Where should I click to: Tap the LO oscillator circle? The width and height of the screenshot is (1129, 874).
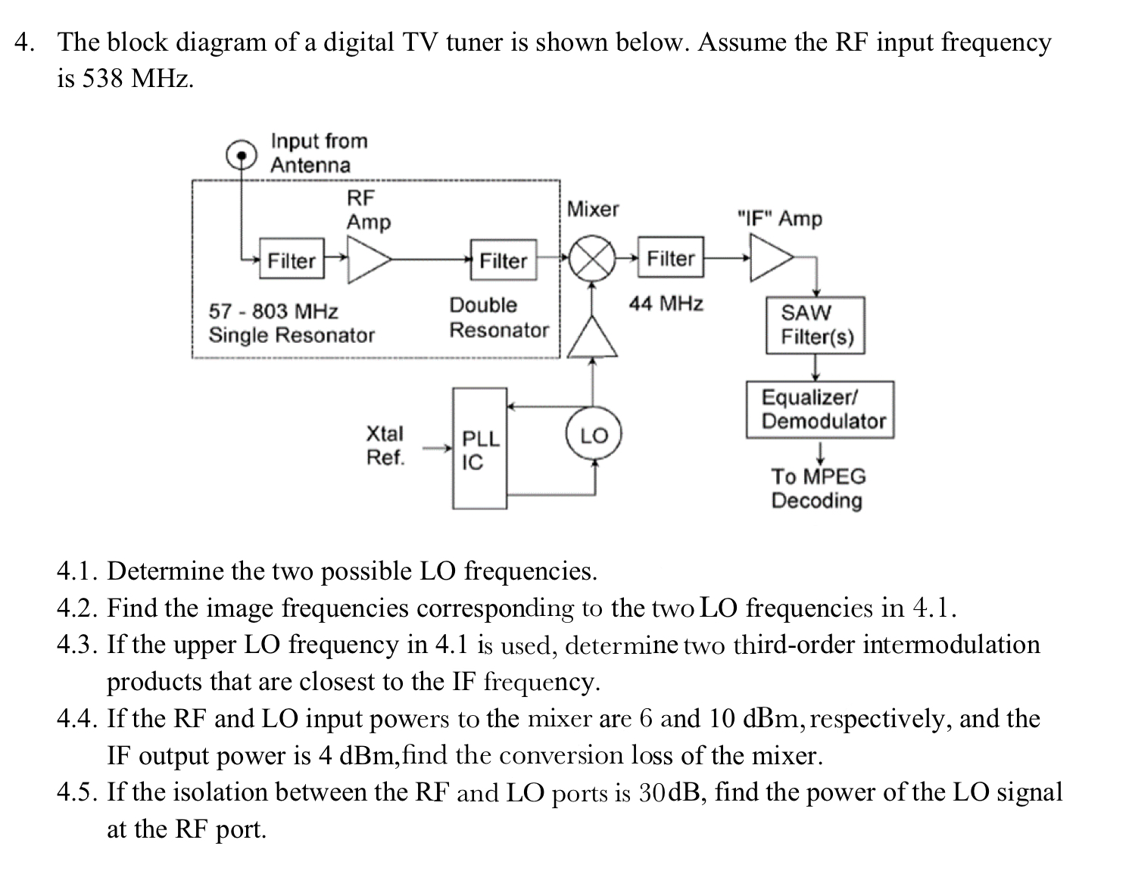click(x=594, y=435)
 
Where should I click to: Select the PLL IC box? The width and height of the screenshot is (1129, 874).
click(x=479, y=448)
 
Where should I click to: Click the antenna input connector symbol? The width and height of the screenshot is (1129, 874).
click(x=242, y=155)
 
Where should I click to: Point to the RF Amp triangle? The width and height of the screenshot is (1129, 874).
click(x=366, y=260)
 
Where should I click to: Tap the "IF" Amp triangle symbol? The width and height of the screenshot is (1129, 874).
click(x=769, y=257)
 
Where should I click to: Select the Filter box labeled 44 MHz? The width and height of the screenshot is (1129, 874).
click(x=670, y=259)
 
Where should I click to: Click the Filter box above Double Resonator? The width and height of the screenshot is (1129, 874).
click(x=503, y=260)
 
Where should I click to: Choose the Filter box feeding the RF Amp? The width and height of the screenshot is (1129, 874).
click(x=292, y=260)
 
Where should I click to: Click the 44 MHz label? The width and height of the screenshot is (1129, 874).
click(x=666, y=304)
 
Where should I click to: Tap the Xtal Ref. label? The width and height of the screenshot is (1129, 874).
click(x=385, y=446)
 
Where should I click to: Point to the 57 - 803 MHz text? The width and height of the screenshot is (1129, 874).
click(x=273, y=311)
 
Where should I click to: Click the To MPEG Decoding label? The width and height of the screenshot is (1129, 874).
click(x=817, y=488)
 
